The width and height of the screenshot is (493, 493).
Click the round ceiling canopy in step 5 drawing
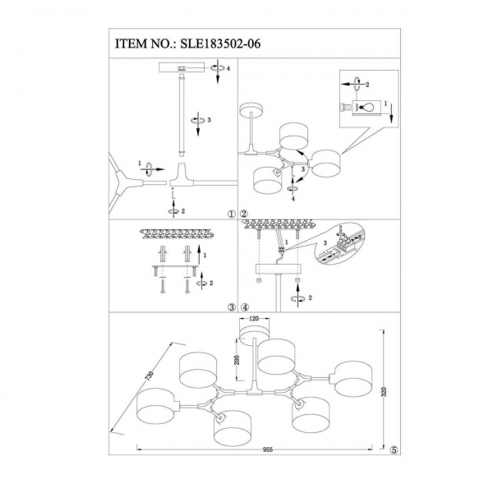pyautogui.click(x=254, y=329)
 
